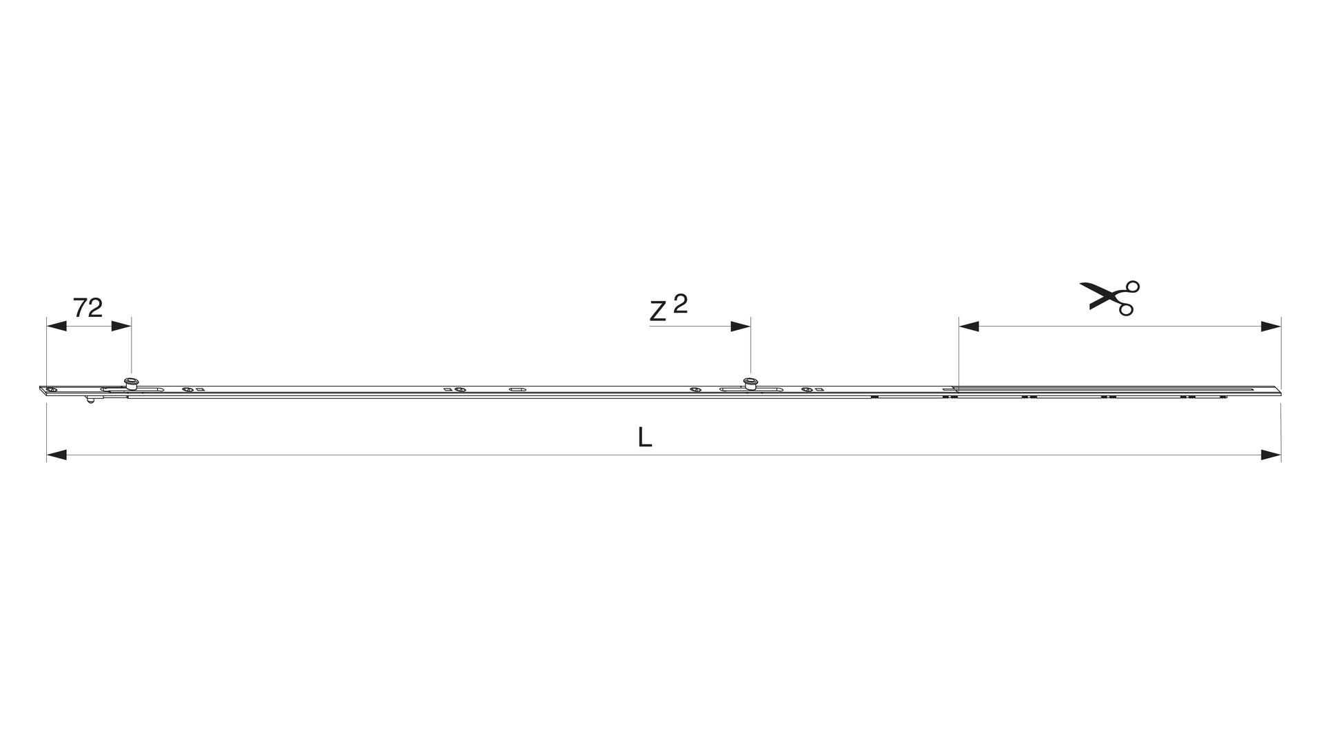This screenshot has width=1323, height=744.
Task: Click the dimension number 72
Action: click(x=88, y=308)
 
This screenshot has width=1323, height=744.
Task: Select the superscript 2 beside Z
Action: click(x=680, y=304)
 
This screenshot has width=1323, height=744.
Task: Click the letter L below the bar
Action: click(x=645, y=437)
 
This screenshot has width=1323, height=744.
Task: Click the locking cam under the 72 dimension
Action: click(x=129, y=384)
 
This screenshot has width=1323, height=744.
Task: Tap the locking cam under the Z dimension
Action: click(x=750, y=384)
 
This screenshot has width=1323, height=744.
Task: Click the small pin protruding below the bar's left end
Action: click(x=90, y=400)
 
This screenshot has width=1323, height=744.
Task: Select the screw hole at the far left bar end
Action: click(x=51, y=391)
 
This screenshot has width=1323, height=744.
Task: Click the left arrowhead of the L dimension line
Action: click(x=57, y=455)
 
